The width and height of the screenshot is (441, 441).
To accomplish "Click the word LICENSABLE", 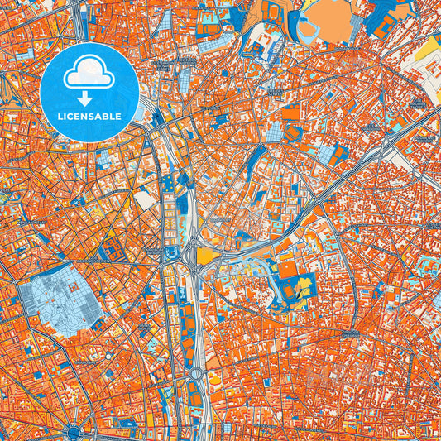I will point(89,116).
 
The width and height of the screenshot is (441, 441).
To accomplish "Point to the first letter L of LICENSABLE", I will point(60,116).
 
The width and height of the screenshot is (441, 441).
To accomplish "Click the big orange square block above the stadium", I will point(287,270).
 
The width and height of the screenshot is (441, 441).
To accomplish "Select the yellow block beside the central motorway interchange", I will point(204,256).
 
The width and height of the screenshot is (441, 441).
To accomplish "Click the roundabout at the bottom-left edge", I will point(73,432).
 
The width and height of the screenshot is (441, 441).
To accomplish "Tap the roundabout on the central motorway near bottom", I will point(198,373).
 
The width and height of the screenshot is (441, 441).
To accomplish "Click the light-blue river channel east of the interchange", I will point(240,266).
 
